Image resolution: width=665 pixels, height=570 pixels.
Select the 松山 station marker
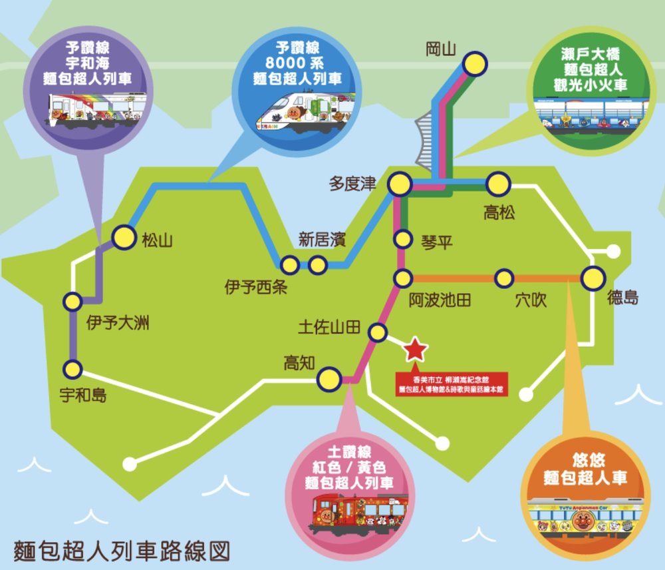coord(124,237)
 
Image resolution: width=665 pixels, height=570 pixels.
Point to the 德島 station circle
coord(592,278)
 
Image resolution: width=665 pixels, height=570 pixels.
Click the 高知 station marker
coord(328,380)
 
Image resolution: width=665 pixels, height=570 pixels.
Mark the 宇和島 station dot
coord(72,368)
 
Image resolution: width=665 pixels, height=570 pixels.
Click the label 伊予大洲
coord(118,324)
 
